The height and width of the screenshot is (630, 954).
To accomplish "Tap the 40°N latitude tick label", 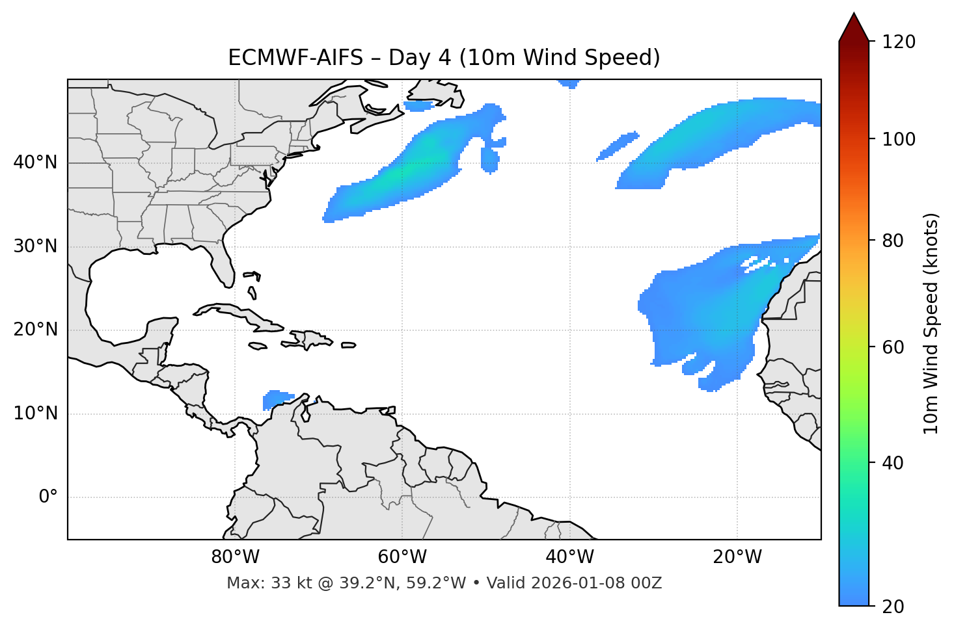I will [x=35, y=163].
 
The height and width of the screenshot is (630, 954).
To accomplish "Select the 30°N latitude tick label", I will [x=35, y=246].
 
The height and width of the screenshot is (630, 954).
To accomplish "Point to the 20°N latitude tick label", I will [x=35, y=330].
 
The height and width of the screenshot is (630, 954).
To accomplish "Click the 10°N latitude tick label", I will [x=35, y=413].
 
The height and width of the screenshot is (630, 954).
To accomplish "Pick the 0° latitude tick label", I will [x=48, y=497].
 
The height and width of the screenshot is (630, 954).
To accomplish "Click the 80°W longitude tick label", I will [x=235, y=557].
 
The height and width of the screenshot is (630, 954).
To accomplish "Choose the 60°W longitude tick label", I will [x=402, y=557].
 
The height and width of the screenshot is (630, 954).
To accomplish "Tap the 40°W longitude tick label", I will [x=569, y=557].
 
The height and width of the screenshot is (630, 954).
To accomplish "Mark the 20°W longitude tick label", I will [x=737, y=557].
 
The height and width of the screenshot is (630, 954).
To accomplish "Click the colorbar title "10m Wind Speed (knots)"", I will [x=931, y=323].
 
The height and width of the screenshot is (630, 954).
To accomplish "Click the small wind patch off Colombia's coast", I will [x=278, y=399].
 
